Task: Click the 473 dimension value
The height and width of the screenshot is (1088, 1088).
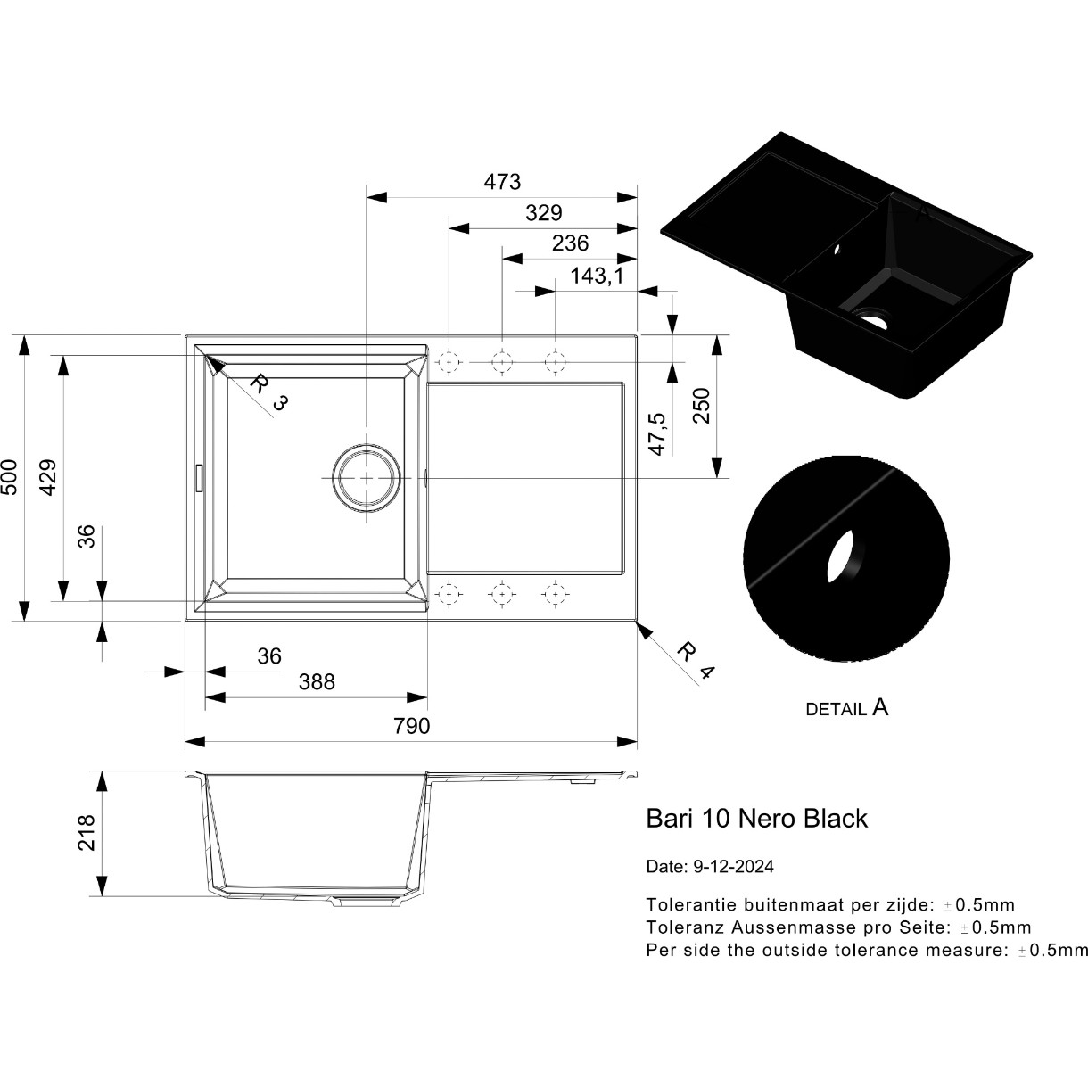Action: click(502, 182)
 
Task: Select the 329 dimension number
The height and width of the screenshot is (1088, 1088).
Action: click(544, 213)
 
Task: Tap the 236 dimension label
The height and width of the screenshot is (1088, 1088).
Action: click(570, 243)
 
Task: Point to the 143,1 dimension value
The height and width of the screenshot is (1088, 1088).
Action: click(597, 276)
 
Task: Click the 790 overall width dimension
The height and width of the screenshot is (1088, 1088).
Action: click(412, 726)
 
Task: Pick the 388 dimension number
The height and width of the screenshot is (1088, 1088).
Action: click(317, 682)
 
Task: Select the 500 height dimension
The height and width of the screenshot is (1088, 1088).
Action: click(10, 477)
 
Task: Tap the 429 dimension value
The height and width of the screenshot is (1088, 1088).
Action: click(48, 477)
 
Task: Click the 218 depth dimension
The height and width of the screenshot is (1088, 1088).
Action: click(87, 833)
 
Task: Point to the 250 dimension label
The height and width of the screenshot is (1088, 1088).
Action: click(701, 406)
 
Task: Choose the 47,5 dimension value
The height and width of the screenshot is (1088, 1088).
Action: click(658, 433)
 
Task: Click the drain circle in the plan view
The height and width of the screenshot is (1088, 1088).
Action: click(367, 478)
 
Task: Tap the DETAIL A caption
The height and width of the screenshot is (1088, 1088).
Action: click(847, 709)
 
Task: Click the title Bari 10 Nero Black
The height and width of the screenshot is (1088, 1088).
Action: click(756, 819)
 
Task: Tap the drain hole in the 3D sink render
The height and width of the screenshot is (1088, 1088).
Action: click(873, 317)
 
